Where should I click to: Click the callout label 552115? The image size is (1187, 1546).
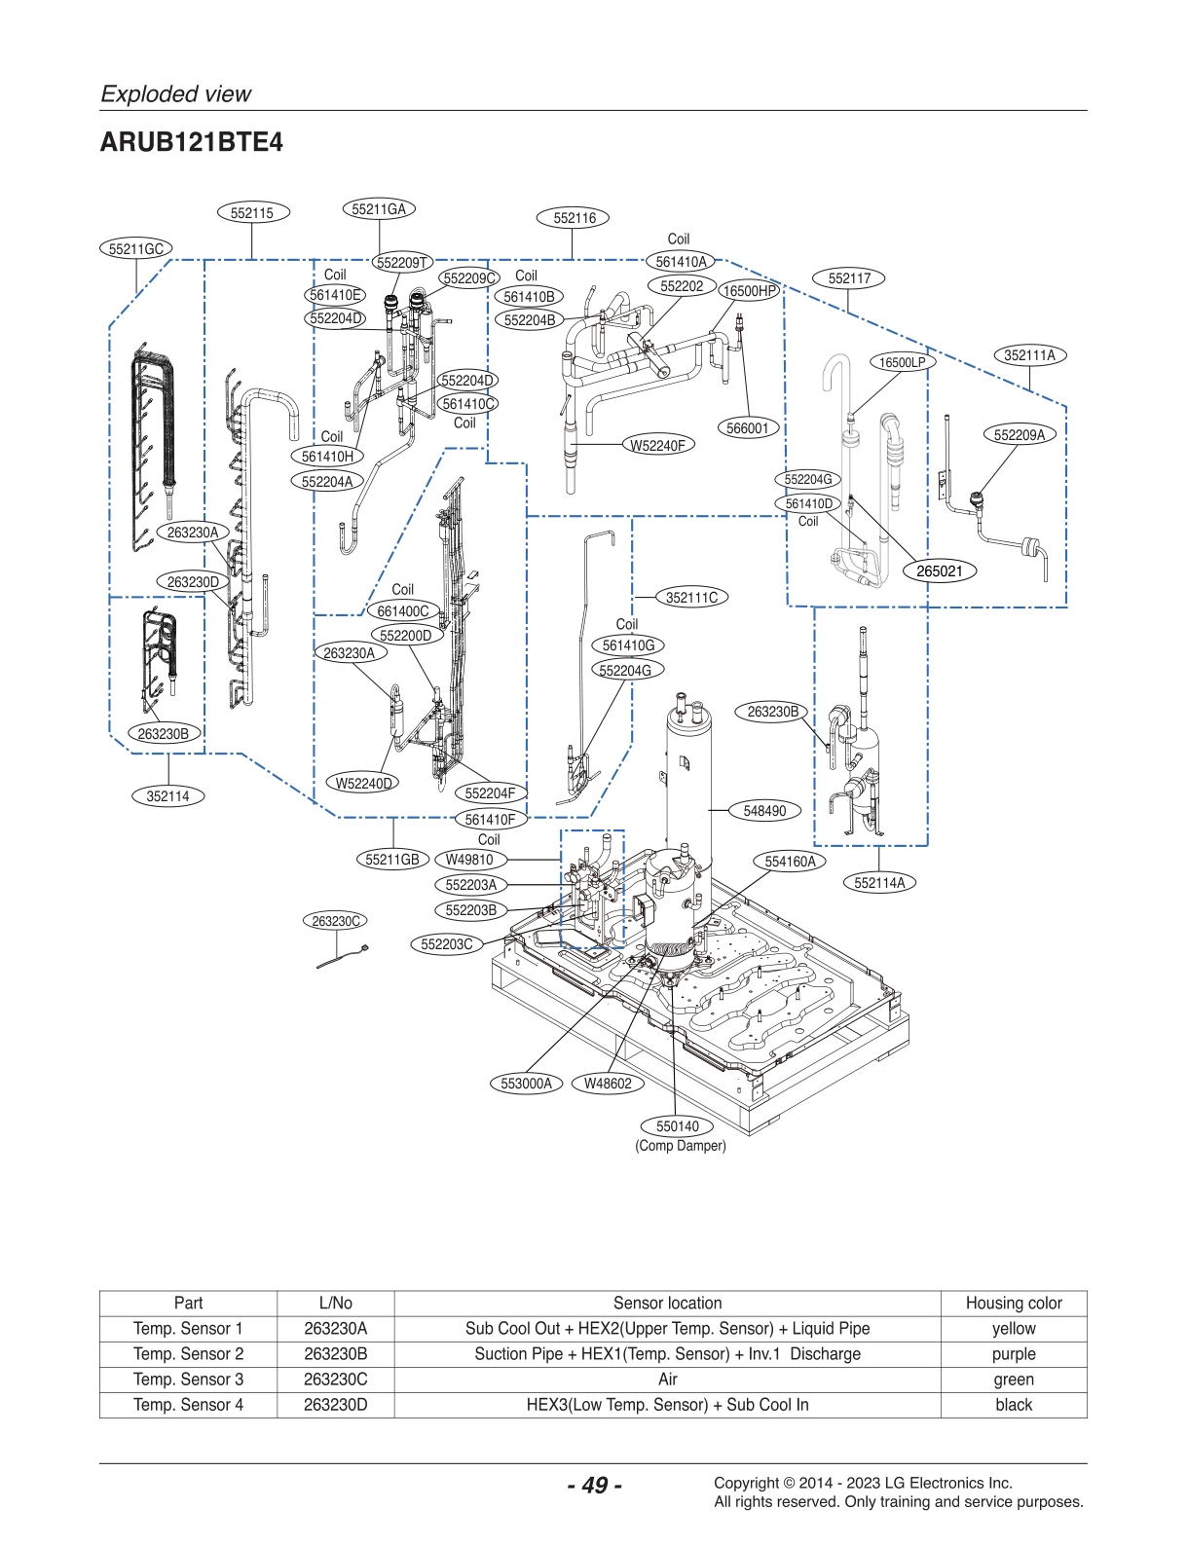(x=252, y=212)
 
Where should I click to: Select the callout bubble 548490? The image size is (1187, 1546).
(x=764, y=810)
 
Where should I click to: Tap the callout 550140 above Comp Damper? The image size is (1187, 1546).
(x=677, y=1126)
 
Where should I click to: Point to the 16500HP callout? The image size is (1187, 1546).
(x=750, y=290)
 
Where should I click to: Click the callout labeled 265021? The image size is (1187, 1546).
(x=939, y=571)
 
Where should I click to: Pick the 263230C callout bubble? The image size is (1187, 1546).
(x=336, y=920)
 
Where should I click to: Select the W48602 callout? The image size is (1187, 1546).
(x=608, y=1083)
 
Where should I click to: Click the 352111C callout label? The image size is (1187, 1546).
(x=691, y=597)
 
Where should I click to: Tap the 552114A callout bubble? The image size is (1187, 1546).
(x=878, y=883)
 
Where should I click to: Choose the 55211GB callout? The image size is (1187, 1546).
(x=392, y=859)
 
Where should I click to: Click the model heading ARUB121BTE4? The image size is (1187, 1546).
(x=191, y=142)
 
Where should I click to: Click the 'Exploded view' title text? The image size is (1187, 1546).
(x=176, y=93)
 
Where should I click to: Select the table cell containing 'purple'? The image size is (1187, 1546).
(x=1013, y=1353)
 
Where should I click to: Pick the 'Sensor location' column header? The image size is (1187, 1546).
(x=667, y=1303)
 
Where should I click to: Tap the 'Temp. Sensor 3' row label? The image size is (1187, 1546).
(x=188, y=1379)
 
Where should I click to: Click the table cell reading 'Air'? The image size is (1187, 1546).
(x=667, y=1379)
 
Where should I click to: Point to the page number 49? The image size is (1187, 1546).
(x=594, y=1485)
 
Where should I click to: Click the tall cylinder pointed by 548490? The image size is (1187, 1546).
(x=687, y=779)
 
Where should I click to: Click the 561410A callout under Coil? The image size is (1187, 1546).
(x=681, y=261)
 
